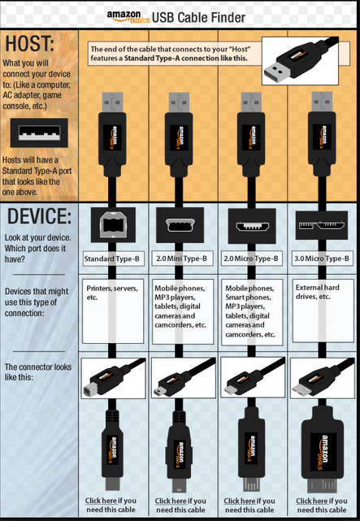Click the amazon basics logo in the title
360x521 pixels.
tap(128, 17)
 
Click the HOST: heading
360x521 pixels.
tap(29, 44)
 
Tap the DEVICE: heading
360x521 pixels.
tap(39, 216)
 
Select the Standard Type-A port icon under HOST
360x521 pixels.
tap(39, 133)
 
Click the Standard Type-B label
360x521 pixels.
tap(112, 258)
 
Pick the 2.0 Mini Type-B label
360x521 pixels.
tap(181, 258)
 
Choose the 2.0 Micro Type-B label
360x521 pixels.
tap(251, 258)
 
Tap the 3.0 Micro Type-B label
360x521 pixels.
tap(322, 258)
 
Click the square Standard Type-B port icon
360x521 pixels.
tap(113, 225)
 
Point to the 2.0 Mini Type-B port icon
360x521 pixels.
tap(180, 225)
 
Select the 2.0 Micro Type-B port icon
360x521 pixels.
tap(252, 226)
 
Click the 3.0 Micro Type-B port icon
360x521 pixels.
tap(322, 226)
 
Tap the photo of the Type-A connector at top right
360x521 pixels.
tap(300, 61)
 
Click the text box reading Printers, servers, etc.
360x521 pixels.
tap(113, 311)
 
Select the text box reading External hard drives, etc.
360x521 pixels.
tap(323, 311)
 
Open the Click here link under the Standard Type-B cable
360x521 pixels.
tap(101, 501)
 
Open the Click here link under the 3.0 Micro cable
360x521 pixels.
tap(312, 501)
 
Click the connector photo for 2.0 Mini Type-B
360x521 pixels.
tap(184, 377)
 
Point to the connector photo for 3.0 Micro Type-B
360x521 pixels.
tap(322, 378)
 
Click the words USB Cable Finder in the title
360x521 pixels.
tap(198, 18)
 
